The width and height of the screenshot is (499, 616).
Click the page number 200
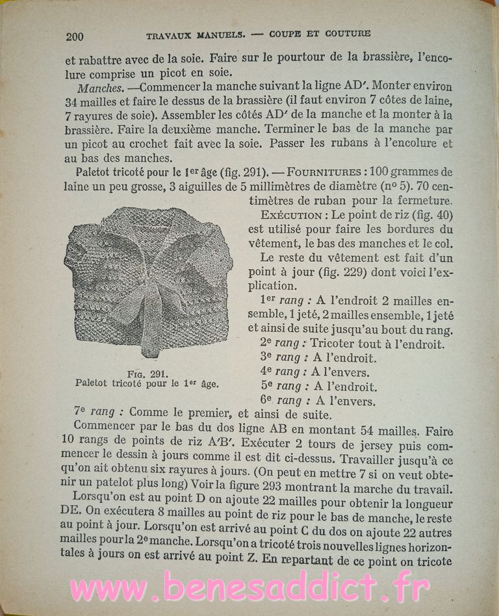75,36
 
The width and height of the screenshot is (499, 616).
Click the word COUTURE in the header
346,33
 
